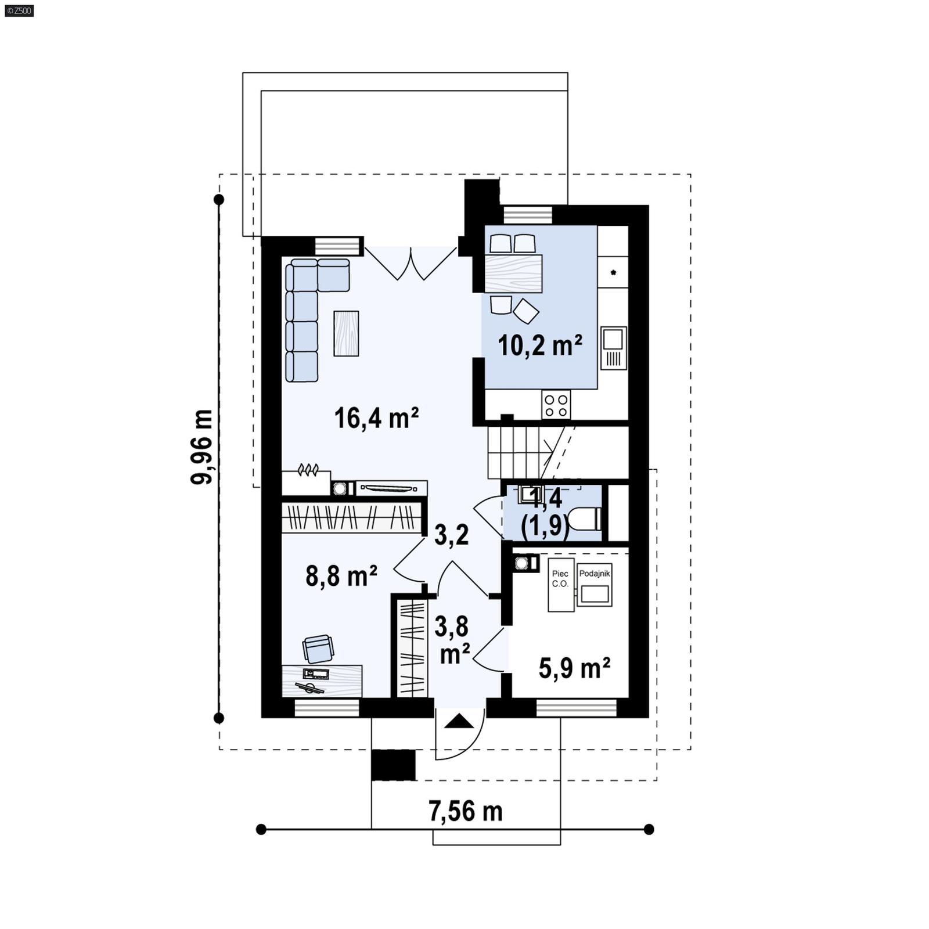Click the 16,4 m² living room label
click(x=376, y=418)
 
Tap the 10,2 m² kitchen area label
click(x=539, y=345)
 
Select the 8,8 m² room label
click(x=341, y=577)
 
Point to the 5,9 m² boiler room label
click(x=574, y=668)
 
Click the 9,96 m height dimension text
click(x=202, y=446)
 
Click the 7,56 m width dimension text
click(x=465, y=811)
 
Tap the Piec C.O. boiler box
click(x=560, y=585)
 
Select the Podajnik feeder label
click(x=594, y=574)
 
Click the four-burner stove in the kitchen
click(x=556, y=405)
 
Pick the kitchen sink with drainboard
click(x=614, y=348)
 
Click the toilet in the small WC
click(x=585, y=518)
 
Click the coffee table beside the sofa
click(x=345, y=333)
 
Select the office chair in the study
click(x=318, y=649)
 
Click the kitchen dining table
click(x=513, y=273)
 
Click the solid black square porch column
click(x=393, y=765)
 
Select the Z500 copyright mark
click(x=19, y=10)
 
